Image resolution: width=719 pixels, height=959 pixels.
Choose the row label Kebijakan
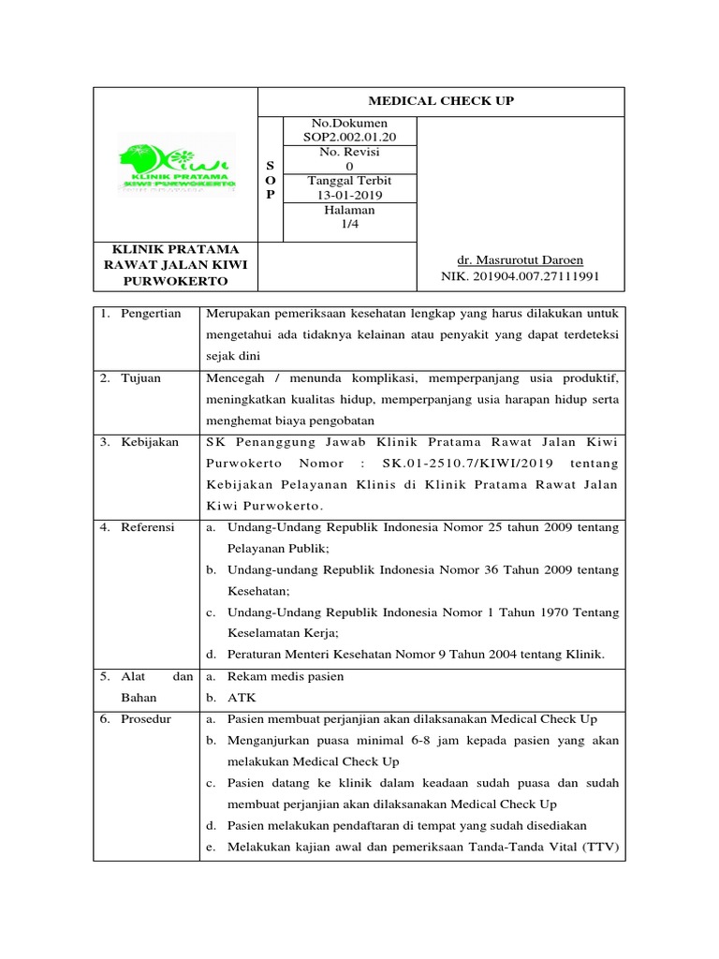pos(149,442)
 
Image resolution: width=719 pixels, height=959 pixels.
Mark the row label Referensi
pos(147,528)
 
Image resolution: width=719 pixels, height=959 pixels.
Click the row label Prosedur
pos(146,719)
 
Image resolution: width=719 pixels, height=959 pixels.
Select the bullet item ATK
pos(241,698)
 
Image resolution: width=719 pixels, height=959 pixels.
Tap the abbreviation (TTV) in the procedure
pos(599,848)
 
